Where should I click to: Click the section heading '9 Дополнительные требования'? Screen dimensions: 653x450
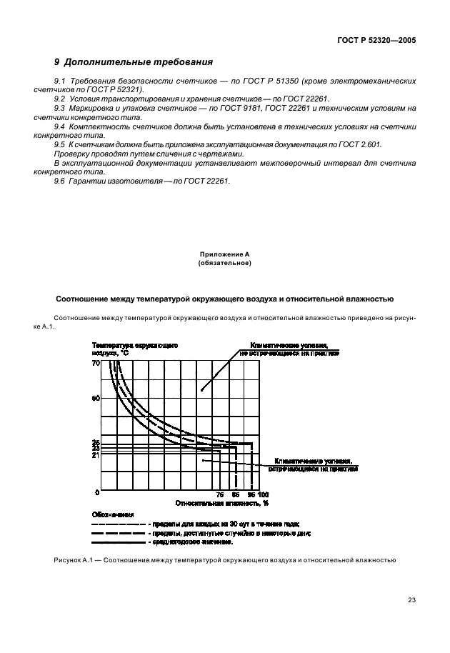click(133, 62)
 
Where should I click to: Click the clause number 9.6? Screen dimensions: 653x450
click(60, 181)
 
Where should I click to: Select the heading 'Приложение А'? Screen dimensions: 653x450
click(224, 255)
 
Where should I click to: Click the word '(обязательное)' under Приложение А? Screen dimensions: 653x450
click(224, 264)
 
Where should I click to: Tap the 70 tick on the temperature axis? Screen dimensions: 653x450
click(95, 364)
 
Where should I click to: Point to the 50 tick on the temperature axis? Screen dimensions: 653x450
click(95, 398)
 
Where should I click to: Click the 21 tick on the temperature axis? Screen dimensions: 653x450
click(95, 455)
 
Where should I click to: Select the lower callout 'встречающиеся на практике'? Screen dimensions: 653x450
click(312, 469)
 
